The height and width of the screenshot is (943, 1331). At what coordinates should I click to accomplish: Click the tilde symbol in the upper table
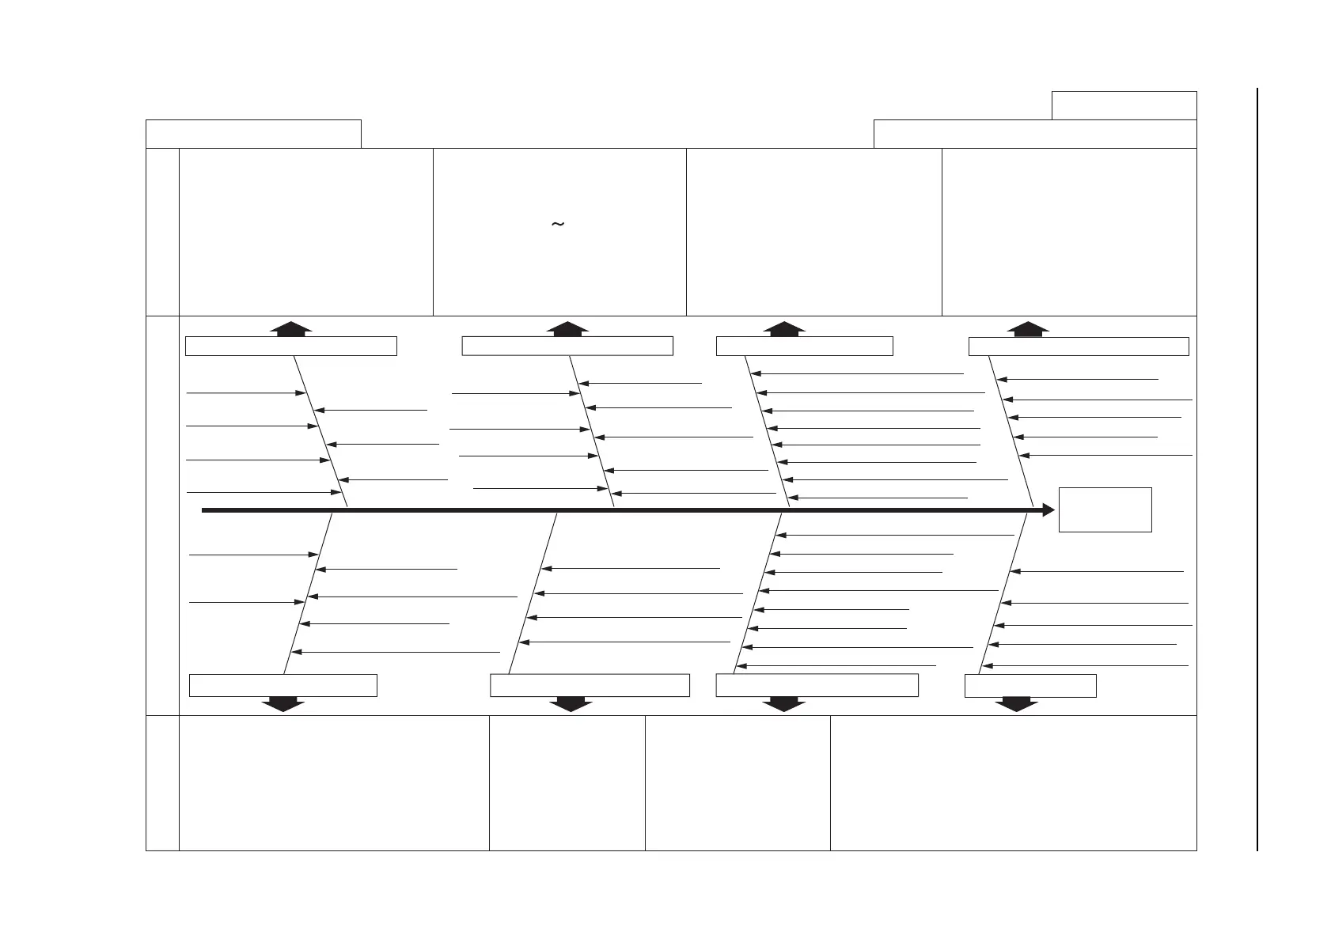pyautogui.click(x=557, y=225)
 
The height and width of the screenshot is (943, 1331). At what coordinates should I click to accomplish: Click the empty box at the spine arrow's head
pyautogui.click(x=1105, y=509)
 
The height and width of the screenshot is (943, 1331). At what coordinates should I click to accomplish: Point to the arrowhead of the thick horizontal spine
pyautogui.click(x=1048, y=510)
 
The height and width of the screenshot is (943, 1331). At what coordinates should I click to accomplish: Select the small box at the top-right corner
pyautogui.click(x=1124, y=105)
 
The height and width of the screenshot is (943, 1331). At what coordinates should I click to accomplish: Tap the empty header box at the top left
pyautogui.click(x=253, y=134)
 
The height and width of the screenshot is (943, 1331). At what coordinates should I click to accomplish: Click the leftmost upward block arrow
pyautogui.click(x=291, y=329)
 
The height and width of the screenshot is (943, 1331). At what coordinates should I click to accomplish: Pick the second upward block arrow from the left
pyautogui.click(x=567, y=329)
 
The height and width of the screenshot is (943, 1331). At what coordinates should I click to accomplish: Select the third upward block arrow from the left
pyautogui.click(x=784, y=329)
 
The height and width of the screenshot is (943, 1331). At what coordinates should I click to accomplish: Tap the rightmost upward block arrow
pyautogui.click(x=1028, y=329)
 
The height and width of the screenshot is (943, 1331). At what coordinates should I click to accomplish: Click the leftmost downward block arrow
pyautogui.click(x=283, y=704)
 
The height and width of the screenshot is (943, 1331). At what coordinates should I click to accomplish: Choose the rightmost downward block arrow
pyautogui.click(x=1016, y=704)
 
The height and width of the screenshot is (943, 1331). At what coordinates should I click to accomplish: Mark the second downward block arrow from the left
pyautogui.click(x=571, y=704)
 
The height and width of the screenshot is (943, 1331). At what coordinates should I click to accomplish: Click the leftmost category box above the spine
pyautogui.click(x=290, y=346)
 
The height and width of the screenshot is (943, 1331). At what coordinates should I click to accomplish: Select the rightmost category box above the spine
pyautogui.click(x=1079, y=346)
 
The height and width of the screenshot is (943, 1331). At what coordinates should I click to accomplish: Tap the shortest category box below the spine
pyautogui.click(x=1030, y=685)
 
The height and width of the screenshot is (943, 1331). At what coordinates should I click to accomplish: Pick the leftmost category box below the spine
pyautogui.click(x=283, y=685)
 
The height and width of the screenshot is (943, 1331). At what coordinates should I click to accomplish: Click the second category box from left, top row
pyautogui.click(x=567, y=346)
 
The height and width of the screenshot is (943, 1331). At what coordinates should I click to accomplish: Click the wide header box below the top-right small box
pyautogui.click(x=1034, y=134)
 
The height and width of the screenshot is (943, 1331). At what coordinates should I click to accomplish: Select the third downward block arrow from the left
pyautogui.click(x=783, y=704)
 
